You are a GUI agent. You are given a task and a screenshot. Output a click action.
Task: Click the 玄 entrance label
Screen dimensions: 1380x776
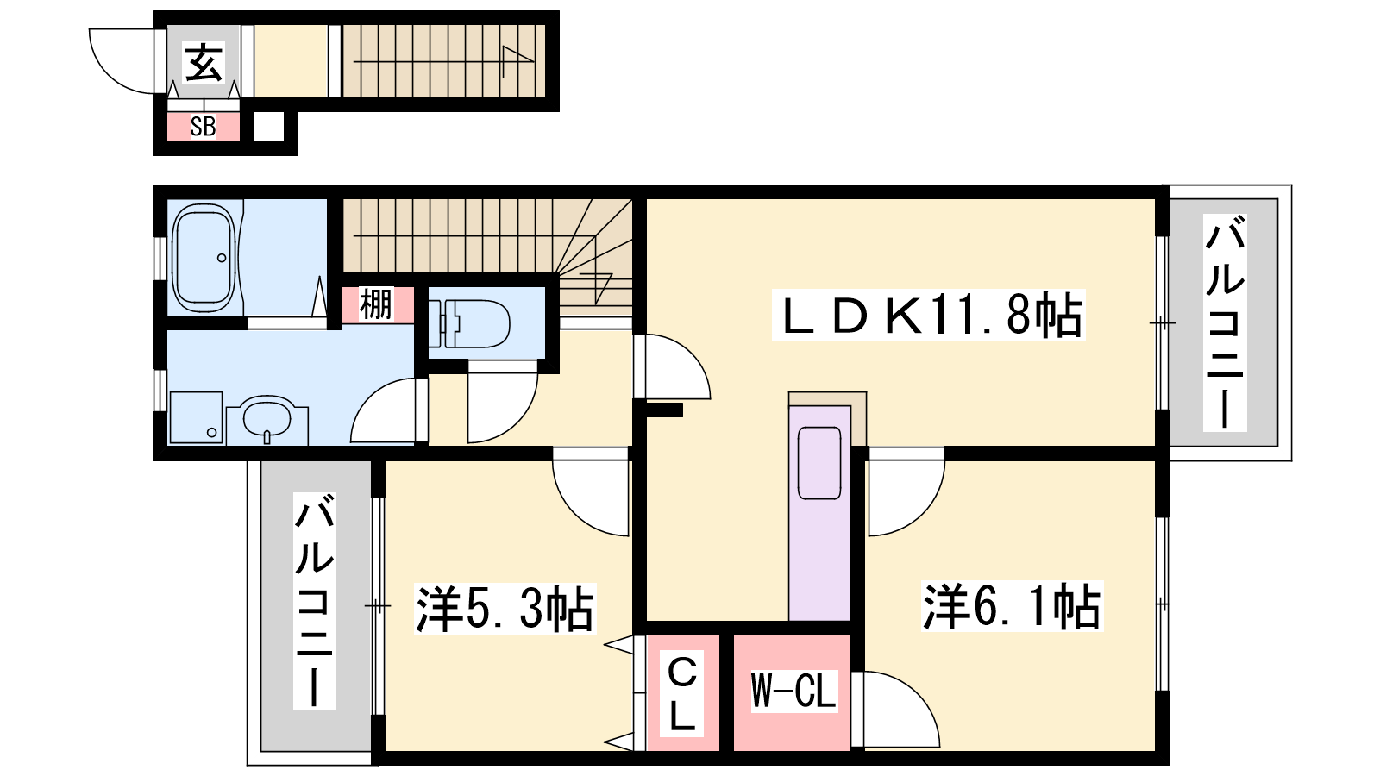click(204, 61)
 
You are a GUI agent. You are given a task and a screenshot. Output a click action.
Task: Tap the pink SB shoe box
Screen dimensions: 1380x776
click(204, 127)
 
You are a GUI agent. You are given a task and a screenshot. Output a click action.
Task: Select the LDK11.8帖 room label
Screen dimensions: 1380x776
click(928, 316)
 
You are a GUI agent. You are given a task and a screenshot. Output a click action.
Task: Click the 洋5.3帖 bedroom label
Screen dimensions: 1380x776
click(505, 609)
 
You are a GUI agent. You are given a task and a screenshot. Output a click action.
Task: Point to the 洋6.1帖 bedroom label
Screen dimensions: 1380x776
click(1012, 606)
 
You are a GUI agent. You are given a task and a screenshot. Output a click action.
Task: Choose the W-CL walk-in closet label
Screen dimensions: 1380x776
click(794, 691)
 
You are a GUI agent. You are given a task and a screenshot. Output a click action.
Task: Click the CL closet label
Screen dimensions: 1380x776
click(682, 693)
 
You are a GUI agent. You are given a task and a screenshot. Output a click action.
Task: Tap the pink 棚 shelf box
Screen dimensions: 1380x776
click(377, 305)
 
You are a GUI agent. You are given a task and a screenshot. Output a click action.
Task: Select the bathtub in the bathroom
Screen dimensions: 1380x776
click(204, 258)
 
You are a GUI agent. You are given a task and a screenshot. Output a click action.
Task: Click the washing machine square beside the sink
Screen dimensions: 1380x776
click(196, 417)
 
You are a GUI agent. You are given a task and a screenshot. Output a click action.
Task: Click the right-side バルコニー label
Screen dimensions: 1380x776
click(1225, 322)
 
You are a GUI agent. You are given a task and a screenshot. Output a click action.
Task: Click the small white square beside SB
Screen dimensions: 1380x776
click(269, 127)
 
